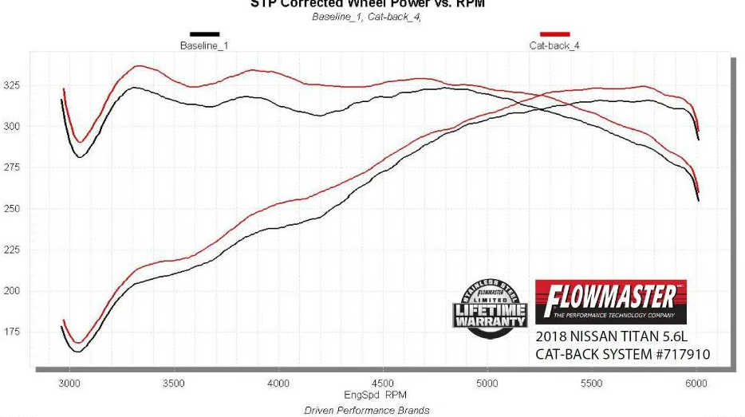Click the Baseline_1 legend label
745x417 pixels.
coord(204,45)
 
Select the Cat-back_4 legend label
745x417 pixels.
coord(554,45)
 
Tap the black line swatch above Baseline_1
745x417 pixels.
coord(204,34)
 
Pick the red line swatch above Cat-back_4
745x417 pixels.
coord(554,34)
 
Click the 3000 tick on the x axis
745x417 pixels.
coord(70,384)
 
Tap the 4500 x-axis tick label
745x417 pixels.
coord(383,384)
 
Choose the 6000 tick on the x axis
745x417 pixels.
coord(696,384)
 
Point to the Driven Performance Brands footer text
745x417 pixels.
coord(367,411)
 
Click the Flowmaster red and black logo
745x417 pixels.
coord(610,301)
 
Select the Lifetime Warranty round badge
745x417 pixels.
coord(491,309)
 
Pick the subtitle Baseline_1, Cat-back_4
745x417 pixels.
coord(366,17)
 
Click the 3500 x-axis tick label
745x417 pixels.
coord(175,384)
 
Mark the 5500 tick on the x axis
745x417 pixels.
coord(592,384)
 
